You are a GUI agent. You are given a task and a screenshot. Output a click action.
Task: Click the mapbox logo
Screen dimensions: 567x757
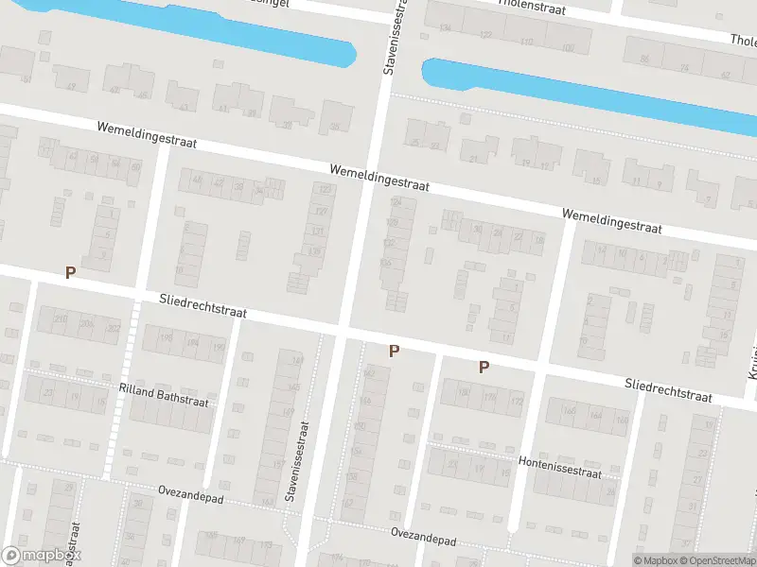click(x=40, y=556)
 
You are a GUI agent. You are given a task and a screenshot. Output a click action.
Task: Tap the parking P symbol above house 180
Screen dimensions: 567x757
click(x=484, y=367)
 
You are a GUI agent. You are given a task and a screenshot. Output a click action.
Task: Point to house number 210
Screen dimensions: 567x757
click(x=61, y=320)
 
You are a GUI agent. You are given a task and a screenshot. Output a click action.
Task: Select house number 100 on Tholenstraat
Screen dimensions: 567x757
click(x=568, y=47)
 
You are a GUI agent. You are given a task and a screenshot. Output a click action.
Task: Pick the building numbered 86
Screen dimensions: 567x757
click(x=645, y=60)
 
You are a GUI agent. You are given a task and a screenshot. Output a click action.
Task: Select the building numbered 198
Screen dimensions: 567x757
click(x=167, y=337)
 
